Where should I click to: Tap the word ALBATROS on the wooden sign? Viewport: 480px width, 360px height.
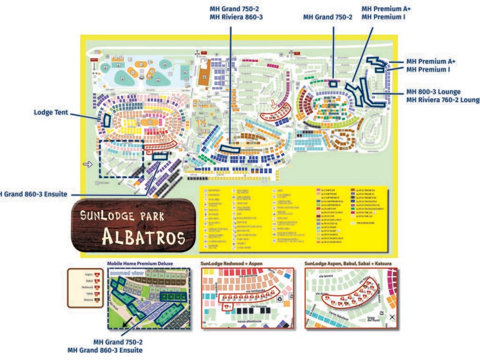coord(143,238)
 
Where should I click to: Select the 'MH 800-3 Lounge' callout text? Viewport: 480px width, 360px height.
coord(433,91)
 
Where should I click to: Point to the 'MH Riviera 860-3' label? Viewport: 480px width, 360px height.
coord(236,17)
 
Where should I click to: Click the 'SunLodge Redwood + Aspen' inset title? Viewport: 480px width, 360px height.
coord(231,263)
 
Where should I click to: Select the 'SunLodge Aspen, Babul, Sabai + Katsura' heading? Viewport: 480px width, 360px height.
coord(348,263)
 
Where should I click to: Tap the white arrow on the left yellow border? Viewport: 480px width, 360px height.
coord(88,164)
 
